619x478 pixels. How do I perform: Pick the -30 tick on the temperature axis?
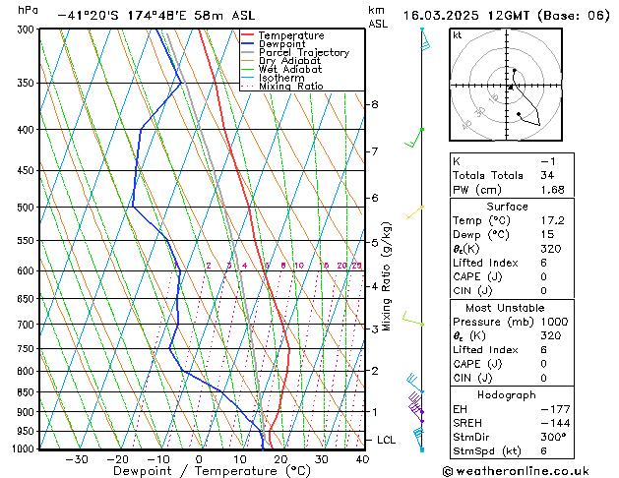[76, 459]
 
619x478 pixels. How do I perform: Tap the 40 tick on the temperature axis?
[362, 459]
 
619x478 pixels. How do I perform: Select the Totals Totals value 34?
[546, 175]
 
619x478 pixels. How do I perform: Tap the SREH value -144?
[553, 422]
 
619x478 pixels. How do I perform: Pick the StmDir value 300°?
[553, 437]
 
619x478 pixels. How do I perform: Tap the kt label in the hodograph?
[457, 34]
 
